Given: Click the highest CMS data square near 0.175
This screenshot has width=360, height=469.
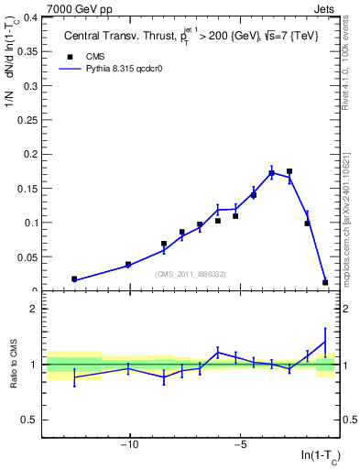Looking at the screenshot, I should point(289,171).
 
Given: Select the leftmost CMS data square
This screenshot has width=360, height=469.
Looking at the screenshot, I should point(74,278).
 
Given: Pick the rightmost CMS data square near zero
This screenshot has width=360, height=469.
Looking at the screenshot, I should point(325,282).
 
